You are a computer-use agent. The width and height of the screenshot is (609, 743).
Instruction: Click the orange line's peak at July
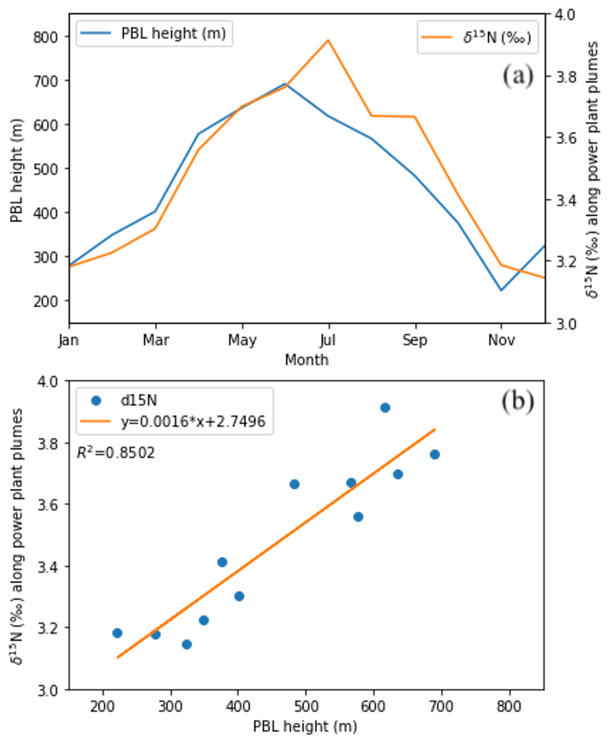point(328,40)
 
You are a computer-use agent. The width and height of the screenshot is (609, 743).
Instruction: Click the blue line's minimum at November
point(501,290)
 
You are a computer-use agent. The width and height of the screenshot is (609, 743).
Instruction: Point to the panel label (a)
point(518,76)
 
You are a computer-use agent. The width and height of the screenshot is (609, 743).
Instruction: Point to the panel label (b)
point(518,401)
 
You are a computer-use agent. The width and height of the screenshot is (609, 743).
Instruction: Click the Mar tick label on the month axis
point(156,340)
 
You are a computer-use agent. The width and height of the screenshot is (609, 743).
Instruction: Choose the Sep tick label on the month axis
point(415,340)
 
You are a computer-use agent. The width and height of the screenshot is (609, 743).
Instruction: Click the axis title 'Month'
point(307,360)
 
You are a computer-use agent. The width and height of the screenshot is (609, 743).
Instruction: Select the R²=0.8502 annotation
point(116,453)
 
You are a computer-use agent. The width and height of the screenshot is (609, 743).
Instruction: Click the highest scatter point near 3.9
point(385,408)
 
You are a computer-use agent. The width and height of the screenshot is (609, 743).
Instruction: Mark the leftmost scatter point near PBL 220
point(117,633)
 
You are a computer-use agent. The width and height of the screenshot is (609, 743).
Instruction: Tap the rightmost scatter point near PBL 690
point(435,455)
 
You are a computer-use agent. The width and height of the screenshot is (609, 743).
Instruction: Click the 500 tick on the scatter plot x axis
point(306,706)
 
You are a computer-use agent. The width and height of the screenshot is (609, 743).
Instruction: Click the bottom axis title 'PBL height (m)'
point(305,726)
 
